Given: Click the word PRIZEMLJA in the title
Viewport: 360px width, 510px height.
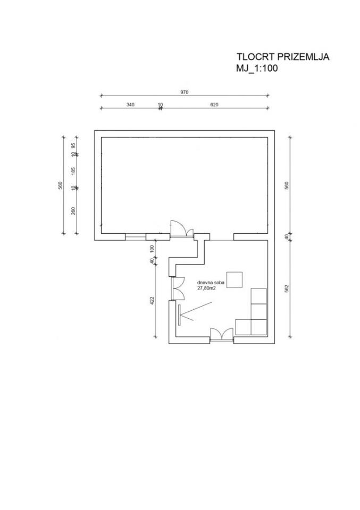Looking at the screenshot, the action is pyautogui.click(x=303, y=57).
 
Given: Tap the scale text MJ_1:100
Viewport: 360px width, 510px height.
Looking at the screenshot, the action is pyautogui.click(x=257, y=69).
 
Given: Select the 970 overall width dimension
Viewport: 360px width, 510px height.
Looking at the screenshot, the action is pyautogui.click(x=184, y=92).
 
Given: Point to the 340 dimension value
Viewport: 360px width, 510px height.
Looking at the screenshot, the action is pyautogui.click(x=130, y=105).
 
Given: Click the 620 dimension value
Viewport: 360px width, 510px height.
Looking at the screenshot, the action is pyautogui.click(x=214, y=105).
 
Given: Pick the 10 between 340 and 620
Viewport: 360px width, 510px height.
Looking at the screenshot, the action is pyautogui.click(x=160, y=105).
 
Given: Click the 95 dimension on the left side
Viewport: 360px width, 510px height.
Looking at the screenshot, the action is pyautogui.click(x=73, y=146).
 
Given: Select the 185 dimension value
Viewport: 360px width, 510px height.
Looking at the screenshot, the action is pyautogui.click(x=73, y=171).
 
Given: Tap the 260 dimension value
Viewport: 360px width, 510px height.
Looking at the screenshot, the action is pyautogui.click(x=73, y=211).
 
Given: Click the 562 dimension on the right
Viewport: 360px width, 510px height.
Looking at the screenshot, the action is pyautogui.click(x=287, y=288).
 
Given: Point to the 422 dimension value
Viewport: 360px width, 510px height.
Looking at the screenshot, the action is pyautogui.click(x=152, y=300).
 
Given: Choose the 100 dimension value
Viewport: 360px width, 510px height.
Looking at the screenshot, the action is pyautogui.click(x=152, y=249).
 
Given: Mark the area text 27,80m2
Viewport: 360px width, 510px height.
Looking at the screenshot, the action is pyautogui.click(x=206, y=288).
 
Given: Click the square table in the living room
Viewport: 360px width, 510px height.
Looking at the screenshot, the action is pyautogui.click(x=235, y=280).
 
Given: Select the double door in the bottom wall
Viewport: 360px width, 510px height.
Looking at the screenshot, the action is pyautogui.click(x=222, y=335).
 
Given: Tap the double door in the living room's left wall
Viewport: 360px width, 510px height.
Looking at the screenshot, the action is pyautogui.click(x=178, y=288).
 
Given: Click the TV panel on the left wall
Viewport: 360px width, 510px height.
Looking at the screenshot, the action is pyautogui.click(x=179, y=314).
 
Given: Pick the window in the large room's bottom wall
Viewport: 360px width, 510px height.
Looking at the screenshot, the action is pyautogui.click(x=136, y=237).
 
